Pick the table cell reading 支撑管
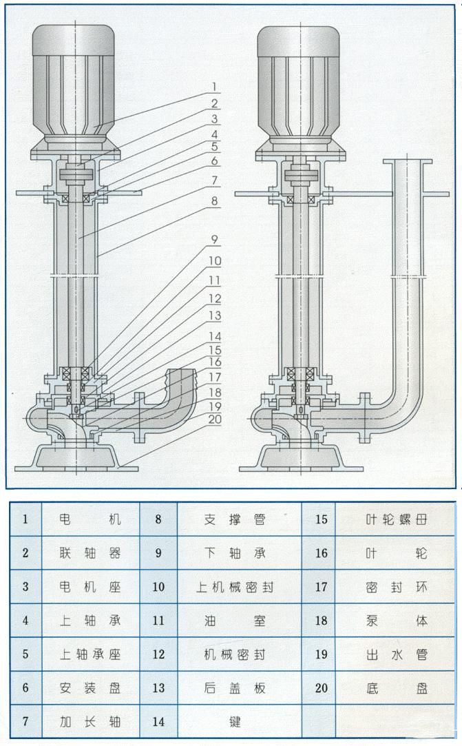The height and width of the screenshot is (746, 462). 239,519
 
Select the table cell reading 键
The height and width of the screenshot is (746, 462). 239,722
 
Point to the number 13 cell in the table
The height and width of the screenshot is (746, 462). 158,687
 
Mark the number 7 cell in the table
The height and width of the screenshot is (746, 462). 25,722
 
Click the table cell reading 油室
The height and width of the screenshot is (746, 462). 239,620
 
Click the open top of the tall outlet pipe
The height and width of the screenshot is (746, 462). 408,163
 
